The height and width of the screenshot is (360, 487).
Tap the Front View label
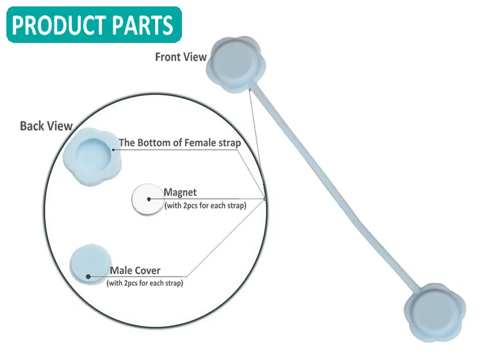pos(181,57)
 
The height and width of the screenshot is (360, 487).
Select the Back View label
pos(46,126)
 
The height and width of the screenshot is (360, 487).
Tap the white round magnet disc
pos(147,199)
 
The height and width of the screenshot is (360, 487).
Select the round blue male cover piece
pos(87,264)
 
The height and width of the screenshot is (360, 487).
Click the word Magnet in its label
pos(180,192)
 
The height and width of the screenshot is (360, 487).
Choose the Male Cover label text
pos(135,270)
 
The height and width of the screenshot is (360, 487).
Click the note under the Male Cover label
pos(145,283)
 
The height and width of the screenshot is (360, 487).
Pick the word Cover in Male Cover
pos(147,270)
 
